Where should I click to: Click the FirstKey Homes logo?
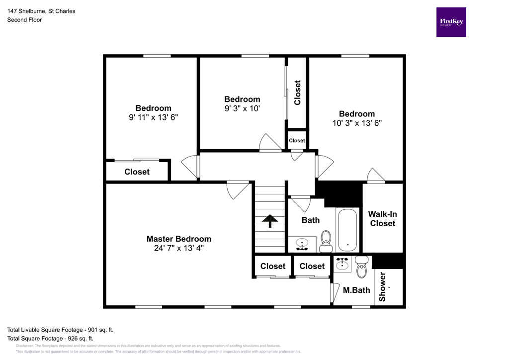451,22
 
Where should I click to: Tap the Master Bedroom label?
178,239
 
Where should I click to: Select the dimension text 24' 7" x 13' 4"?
178,248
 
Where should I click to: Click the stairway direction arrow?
270,221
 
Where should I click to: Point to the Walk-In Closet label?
382,219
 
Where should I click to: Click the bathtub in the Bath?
347,230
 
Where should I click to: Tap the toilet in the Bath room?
326,241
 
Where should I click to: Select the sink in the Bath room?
302,244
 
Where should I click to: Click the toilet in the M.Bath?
361,268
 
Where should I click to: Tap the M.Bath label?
356,289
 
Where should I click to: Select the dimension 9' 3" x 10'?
242,108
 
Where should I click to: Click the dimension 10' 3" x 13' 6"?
357,122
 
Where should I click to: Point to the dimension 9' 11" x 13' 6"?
153,117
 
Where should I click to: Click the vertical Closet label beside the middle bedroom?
297,93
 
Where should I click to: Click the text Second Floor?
24,20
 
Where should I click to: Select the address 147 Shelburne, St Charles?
41,11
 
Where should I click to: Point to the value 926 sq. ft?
80,338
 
